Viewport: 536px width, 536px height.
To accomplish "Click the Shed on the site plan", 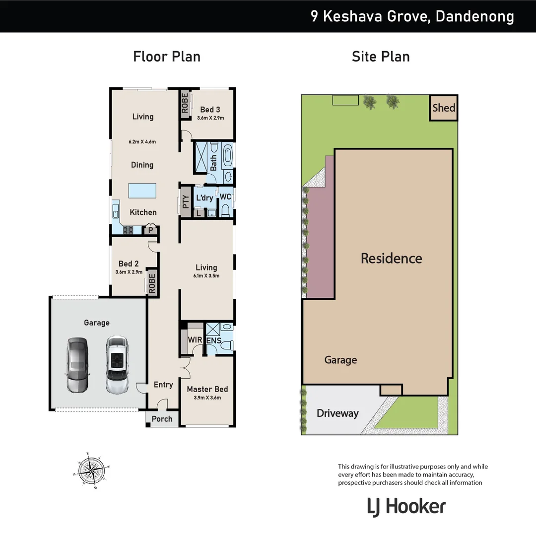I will click(443, 108).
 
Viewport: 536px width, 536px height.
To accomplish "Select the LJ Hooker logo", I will click(406, 507).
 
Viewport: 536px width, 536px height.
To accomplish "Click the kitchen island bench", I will click(142, 190).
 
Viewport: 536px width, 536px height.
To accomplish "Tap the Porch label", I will click(162, 419).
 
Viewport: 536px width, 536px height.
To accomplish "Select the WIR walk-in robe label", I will click(195, 340).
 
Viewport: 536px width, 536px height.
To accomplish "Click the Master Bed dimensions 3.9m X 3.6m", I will click(207, 398).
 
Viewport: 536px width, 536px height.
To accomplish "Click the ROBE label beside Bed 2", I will click(152, 282).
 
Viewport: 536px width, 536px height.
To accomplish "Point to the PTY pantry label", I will click(186, 201).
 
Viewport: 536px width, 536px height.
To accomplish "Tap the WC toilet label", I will click(226, 197).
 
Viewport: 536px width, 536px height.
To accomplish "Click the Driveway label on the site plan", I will click(337, 413).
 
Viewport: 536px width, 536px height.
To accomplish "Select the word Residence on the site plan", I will click(391, 258).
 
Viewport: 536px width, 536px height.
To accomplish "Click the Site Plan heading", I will click(381, 57).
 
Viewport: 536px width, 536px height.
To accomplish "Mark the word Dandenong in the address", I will click(475, 16).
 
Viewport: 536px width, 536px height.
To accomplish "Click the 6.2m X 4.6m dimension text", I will click(142, 141).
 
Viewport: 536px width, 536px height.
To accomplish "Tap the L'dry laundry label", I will click(204, 198).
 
